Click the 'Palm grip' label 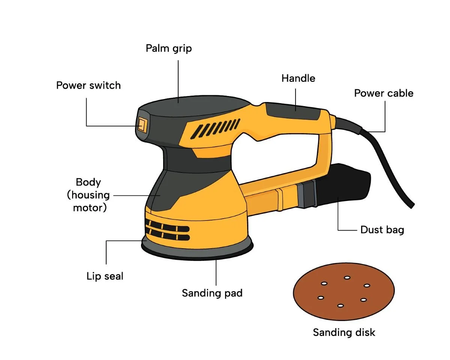[x=168, y=48]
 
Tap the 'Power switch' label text [x=88, y=85]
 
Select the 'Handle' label [x=298, y=78]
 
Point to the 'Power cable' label [x=384, y=93]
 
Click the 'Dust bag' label [x=382, y=229]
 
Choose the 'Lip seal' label [x=105, y=277]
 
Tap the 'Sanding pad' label [x=212, y=293]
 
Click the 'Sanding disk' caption [x=344, y=332]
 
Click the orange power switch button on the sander [x=141, y=124]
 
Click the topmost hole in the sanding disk [x=347, y=278]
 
